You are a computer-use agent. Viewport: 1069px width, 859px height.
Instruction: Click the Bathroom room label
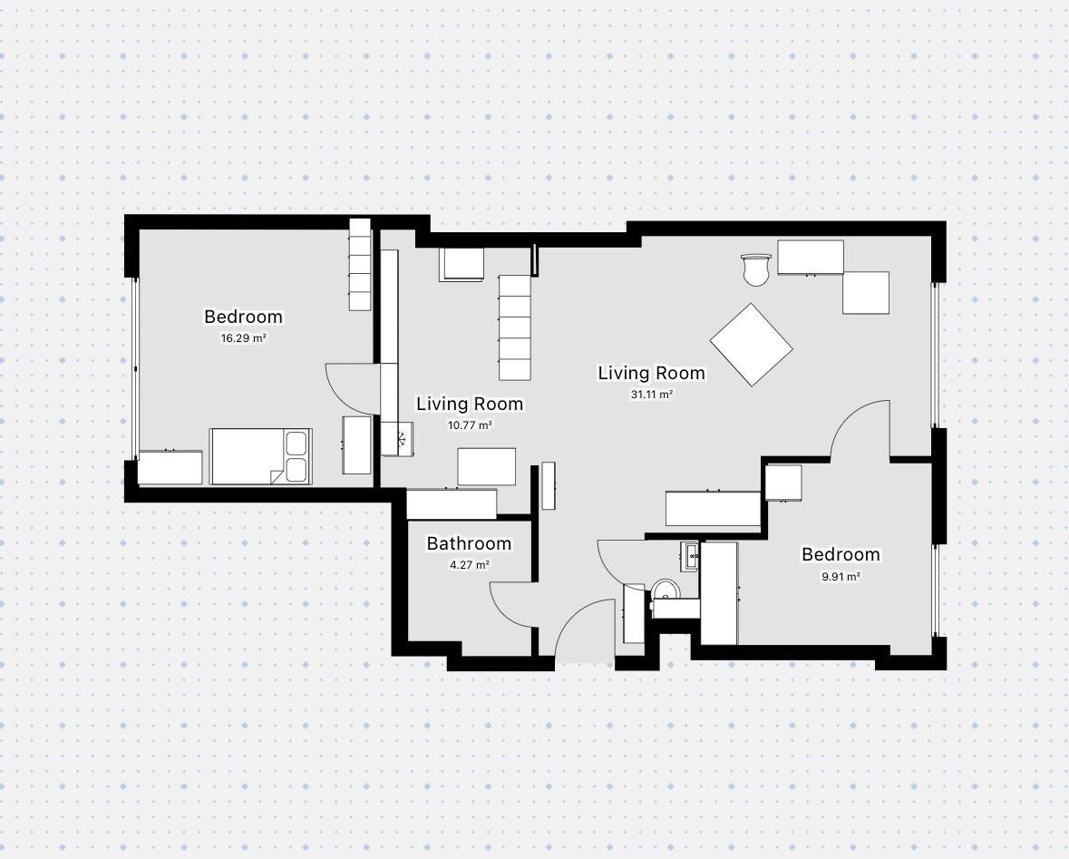[x=469, y=543]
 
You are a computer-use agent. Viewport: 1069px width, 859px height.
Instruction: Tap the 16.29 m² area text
[x=243, y=337]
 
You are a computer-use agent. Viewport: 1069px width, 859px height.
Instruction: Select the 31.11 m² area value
[x=652, y=394]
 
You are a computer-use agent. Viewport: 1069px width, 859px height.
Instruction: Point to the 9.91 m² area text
[x=841, y=576]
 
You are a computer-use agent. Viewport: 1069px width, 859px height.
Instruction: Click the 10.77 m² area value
[x=470, y=425]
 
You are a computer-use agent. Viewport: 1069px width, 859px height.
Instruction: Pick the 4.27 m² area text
[x=469, y=565]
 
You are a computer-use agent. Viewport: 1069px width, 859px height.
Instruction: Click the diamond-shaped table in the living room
[x=752, y=345]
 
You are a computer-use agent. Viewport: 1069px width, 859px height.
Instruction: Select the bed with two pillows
[x=260, y=456]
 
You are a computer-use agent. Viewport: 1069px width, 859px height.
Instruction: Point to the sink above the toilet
[x=689, y=556]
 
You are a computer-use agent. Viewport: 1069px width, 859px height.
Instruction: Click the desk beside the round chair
[x=811, y=258]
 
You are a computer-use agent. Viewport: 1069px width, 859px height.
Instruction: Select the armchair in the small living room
[x=462, y=264]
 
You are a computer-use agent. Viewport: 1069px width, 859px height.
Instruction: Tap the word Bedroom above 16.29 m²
[x=243, y=317]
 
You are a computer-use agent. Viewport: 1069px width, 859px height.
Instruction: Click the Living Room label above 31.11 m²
[x=652, y=373]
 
